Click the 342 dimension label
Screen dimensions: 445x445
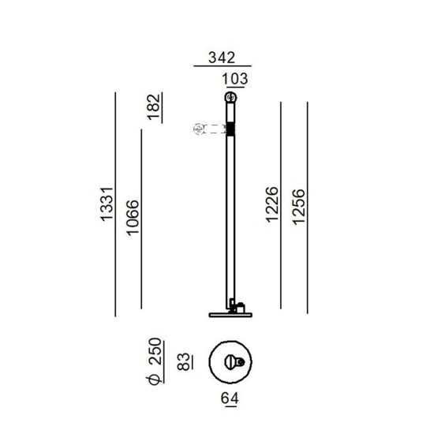pyautogui.click(x=222, y=58)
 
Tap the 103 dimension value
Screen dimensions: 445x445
pyautogui.click(x=234, y=79)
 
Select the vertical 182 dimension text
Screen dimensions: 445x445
pyautogui.click(x=154, y=107)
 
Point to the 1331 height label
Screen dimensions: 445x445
pyautogui.click(x=107, y=204)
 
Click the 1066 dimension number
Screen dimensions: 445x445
pyautogui.click(x=133, y=218)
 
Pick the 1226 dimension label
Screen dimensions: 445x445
pyautogui.click(x=272, y=204)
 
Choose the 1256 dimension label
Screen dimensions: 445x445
pyautogui.click(x=298, y=208)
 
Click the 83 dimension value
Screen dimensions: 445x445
pyautogui.click(x=183, y=361)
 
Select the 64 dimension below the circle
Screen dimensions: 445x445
pyautogui.click(x=230, y=398)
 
